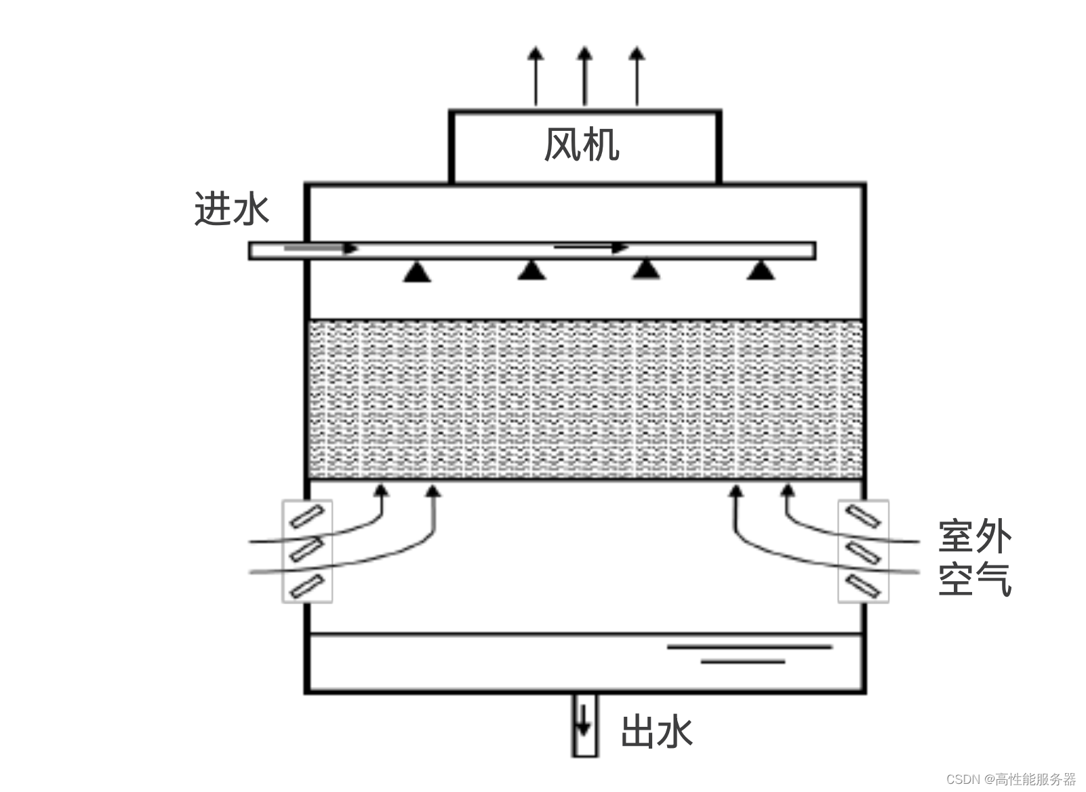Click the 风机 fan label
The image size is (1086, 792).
click(x=582, y=145)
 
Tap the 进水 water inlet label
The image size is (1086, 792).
click(x=232, y=209)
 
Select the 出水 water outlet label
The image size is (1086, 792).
click(x=656, y=732)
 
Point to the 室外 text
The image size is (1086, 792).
click(x=974, y=536)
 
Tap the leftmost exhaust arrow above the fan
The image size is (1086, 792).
click(x=536, y=75)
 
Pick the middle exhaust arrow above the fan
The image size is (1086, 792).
click(x=585, y=75)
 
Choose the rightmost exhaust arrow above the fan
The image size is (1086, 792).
click(x=637, y=75)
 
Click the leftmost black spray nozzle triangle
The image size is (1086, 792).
click(x=417, y=273)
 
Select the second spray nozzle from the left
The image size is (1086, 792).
click(x=531, y=271)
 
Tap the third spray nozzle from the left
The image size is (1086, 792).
click(x=646, y=270)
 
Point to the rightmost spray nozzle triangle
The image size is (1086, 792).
click(x=761, y=271)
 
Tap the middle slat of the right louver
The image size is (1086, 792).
click(x=864, y=552)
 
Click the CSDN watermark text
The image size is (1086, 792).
click(x=1011, y=778)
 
